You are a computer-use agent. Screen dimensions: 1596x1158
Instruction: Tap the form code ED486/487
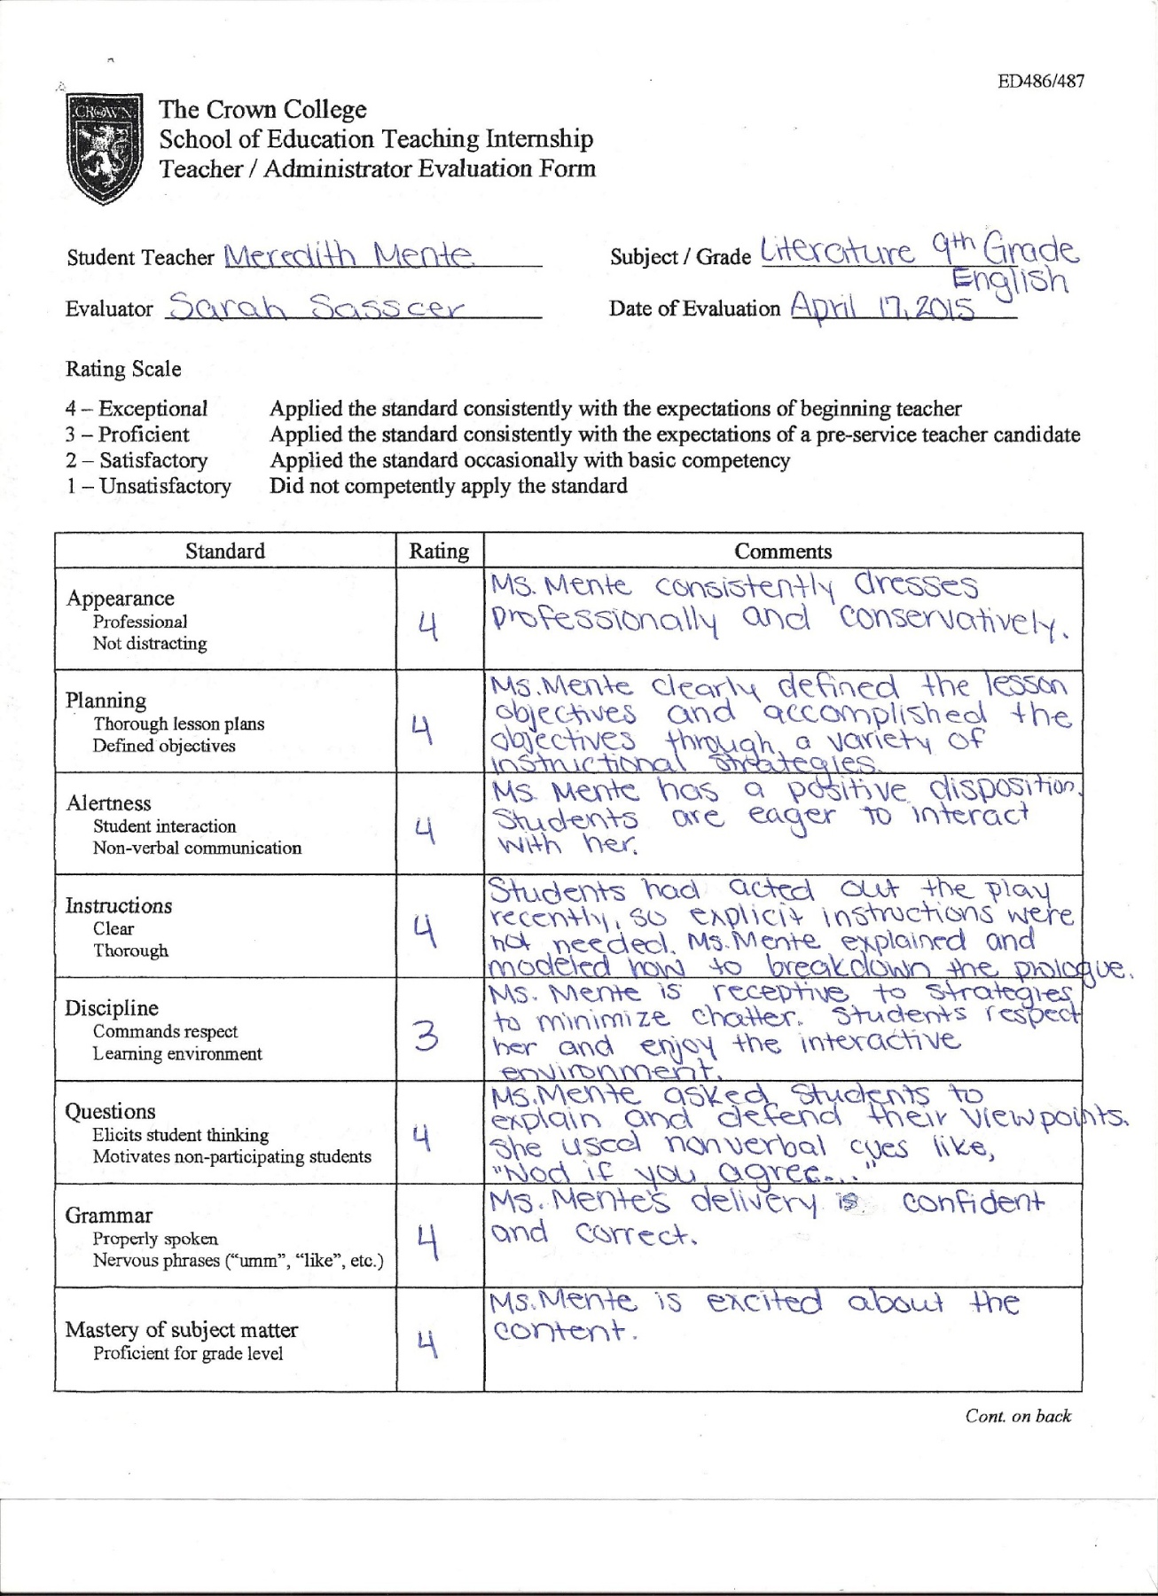[x=1040, y=82]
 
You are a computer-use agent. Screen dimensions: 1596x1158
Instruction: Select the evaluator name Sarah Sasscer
[x=316, y=307]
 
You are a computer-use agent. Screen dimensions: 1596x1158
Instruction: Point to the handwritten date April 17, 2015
[x=882, y=307]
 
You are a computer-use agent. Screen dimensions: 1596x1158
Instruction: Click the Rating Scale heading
[x=123, y=369]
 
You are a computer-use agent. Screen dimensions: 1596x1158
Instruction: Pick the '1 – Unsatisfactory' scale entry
[x=148, y=486]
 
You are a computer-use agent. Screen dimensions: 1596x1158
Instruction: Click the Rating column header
[x=439, y=552]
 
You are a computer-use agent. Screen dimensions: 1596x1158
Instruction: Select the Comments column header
[x=783, y=552]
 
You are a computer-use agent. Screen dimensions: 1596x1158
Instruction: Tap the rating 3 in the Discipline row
[x=426, y=1035]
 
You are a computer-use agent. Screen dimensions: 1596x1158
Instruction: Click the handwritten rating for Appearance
[x=428, y=627]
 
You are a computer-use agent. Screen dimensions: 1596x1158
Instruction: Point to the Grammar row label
[x=108, y=1215]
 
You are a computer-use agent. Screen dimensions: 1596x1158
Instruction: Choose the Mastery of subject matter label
[x=182, y=1330]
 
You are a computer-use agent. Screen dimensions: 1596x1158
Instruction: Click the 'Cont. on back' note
[x=1018, y=1416]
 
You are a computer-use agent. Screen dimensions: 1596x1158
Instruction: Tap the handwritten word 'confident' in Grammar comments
[x=973, y=1203]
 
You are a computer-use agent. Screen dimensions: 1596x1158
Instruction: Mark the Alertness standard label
[x=109, y=803]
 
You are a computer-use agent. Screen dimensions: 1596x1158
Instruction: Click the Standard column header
[x=225, y=552]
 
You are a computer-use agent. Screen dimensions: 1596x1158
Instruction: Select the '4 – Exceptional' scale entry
[x=137, y=409]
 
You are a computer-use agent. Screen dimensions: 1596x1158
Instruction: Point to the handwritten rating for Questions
[x=422, y=1138]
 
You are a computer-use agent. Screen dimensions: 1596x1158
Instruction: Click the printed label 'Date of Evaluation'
[x=694, y=309]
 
